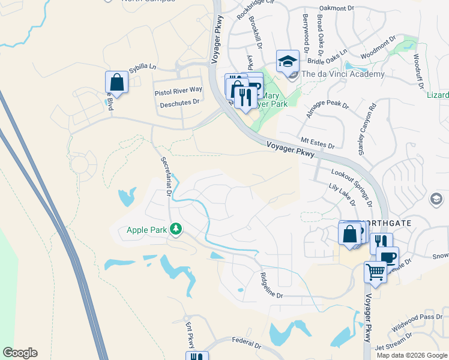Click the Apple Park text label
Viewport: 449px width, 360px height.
[x=146, y=230]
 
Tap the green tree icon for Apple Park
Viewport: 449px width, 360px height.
[x=176, y=229]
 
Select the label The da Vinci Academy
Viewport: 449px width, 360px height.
[x=343, y=74]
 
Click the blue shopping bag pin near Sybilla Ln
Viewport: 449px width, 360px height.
[x=117, y=83]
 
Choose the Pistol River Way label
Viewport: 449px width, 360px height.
[x=178, y=90]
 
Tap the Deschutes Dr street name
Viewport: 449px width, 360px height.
[x=179, y=103]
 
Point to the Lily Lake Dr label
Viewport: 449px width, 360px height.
[x=342, y=196]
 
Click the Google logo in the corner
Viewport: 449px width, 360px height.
[x=20, y=353]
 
